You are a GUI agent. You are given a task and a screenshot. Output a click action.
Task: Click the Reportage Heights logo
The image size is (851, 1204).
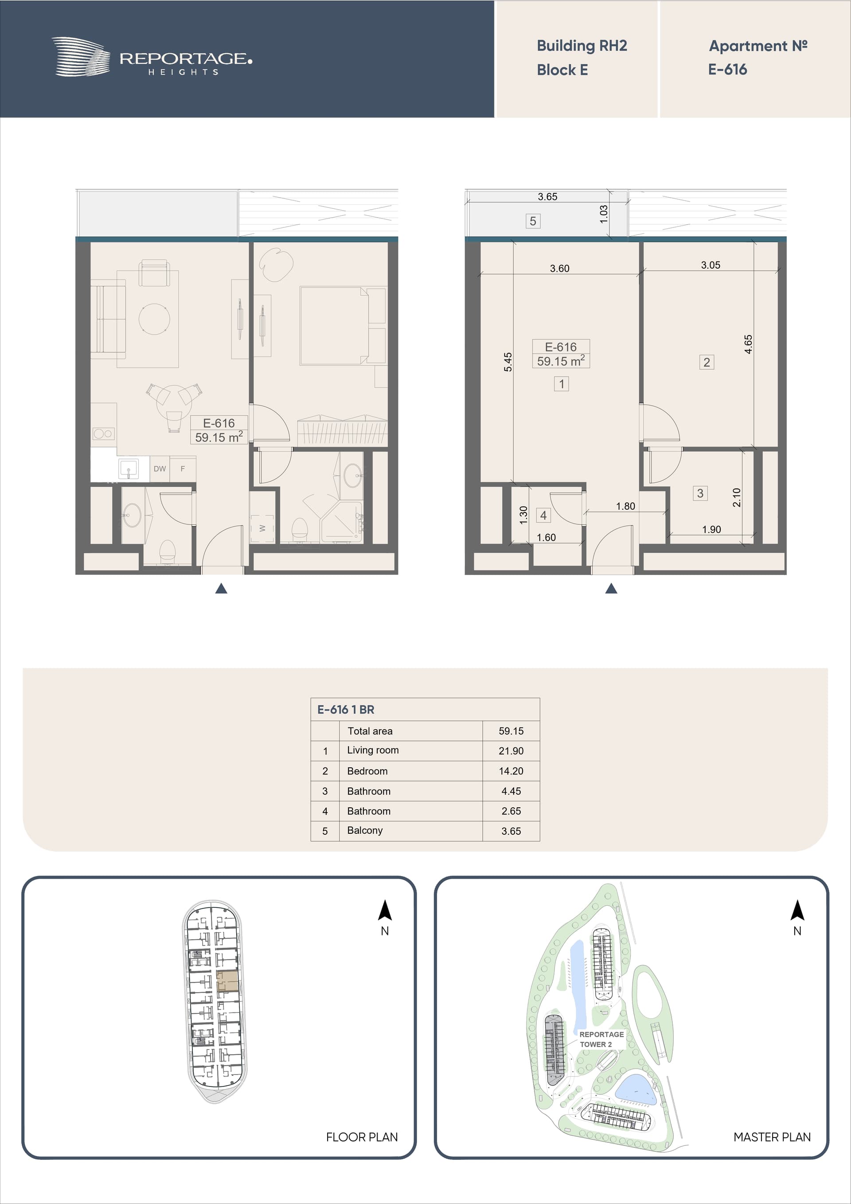(x=152, y=57)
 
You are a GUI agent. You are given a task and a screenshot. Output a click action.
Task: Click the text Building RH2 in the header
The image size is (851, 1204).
(x=582, y=46)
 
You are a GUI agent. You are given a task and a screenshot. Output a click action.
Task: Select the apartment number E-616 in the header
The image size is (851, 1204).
(x=727, y=69)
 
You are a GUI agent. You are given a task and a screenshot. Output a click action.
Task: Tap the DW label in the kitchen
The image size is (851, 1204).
(x=160, y=469)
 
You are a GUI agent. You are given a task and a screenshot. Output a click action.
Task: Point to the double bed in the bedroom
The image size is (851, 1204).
(x=342, y=326)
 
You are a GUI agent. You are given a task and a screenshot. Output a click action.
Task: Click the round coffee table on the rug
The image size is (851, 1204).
(x=154, y=318)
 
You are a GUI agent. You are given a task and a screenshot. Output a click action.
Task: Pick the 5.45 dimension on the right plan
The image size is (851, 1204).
(x=507, y=362)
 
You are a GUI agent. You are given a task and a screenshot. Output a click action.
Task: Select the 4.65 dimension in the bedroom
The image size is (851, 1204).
(x=748, y=344)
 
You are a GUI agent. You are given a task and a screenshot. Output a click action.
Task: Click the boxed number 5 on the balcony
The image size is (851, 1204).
(x=533, y=221)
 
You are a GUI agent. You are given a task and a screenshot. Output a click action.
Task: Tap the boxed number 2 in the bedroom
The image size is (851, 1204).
(x=706, y=362)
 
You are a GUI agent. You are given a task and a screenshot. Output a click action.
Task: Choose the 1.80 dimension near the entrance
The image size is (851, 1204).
(x=625, y=506)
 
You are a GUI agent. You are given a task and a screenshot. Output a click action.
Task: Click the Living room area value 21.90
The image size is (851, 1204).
(x=511, y=751)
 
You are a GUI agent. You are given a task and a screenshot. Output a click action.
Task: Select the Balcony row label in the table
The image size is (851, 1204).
(x=364, y=830)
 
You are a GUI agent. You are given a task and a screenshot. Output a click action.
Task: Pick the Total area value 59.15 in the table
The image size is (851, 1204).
(x=511, y=731)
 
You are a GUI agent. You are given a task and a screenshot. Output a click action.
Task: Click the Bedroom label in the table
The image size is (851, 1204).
(x=367, y=771)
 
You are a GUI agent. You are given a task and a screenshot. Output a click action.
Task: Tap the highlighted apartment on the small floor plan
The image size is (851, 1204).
(x=227, y=981)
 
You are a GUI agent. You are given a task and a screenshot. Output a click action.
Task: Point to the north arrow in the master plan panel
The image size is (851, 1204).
(x=797, y=911)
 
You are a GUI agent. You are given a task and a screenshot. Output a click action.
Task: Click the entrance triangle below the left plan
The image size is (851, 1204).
(x=221, y=588)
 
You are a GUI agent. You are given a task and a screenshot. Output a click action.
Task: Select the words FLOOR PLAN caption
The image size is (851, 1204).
(x=362, y=1137)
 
